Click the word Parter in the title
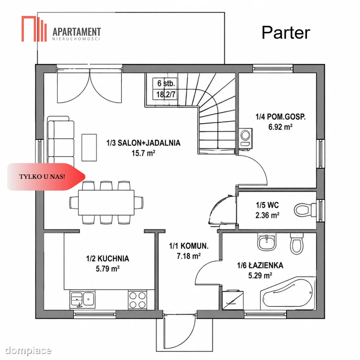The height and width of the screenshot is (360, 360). click(286, 33)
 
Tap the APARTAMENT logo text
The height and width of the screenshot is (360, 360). click(76, 32)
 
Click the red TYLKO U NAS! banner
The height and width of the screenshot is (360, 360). click(46, 177)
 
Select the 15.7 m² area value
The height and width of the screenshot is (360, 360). click(143, 153)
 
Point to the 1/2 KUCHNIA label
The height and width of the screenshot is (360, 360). click(108, 259)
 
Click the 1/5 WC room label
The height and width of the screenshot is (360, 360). click(267, 205)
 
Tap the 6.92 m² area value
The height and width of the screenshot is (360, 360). click(280, 127)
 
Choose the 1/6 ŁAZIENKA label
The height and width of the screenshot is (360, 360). click(260, 265)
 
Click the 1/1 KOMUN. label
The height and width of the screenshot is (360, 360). click(189, 246)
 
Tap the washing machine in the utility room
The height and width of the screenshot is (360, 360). click(245, 139)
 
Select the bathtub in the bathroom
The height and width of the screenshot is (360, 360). click(288, 293)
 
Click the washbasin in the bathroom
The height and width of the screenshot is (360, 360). click(267, 242)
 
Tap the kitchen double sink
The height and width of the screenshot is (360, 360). click(82, 299)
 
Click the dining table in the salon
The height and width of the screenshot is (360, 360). click(106, 203)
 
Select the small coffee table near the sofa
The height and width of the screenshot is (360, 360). click(89, 148)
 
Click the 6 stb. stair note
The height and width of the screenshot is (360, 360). click(166, 83)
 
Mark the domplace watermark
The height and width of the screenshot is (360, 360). click(28, 350)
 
